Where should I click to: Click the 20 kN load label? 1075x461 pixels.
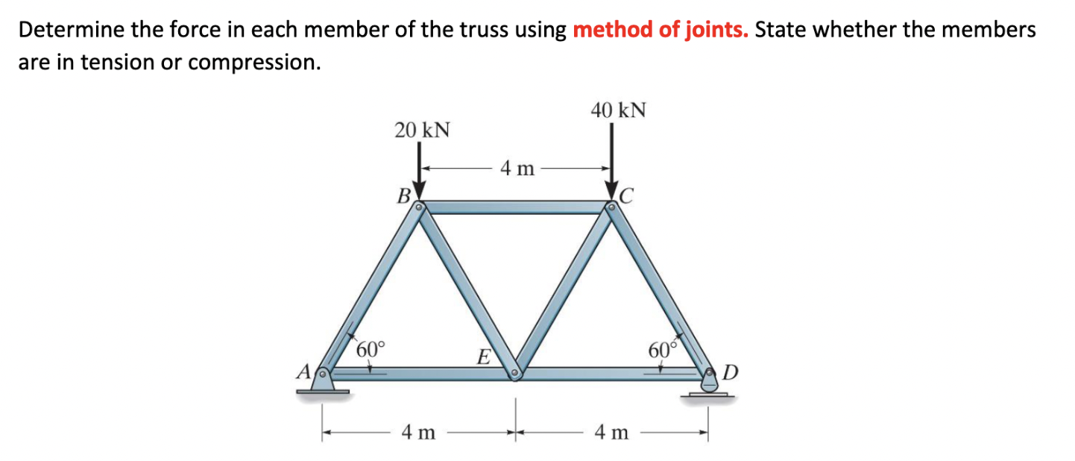422,130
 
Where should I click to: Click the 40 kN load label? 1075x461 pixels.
618,111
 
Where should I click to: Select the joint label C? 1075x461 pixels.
627,196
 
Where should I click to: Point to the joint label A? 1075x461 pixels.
304,370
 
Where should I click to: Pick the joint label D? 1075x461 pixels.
731,371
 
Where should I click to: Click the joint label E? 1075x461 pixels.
483,357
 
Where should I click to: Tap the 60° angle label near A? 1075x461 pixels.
371,348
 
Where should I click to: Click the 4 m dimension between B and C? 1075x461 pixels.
517,169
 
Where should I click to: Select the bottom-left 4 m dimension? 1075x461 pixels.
418,432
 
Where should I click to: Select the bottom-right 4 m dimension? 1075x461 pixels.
611,432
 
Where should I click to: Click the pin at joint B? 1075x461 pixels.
420,207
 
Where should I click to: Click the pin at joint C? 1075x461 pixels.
612,207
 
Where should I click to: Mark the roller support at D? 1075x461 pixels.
708,383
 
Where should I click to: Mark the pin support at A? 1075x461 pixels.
323,380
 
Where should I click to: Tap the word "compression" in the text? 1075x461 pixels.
254,62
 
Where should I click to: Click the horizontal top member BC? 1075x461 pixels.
516,207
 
